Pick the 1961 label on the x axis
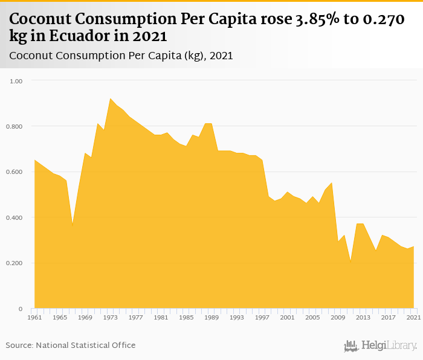34,317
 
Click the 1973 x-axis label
111,317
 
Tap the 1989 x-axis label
211,317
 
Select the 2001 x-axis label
288,317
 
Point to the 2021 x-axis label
414,317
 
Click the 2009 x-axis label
338,317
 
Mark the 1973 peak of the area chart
111,98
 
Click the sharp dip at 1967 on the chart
73,226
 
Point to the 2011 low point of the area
351,263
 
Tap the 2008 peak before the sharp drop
332,182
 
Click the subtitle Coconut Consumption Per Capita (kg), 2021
121,56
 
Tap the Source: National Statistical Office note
71,346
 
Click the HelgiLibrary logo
381,346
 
